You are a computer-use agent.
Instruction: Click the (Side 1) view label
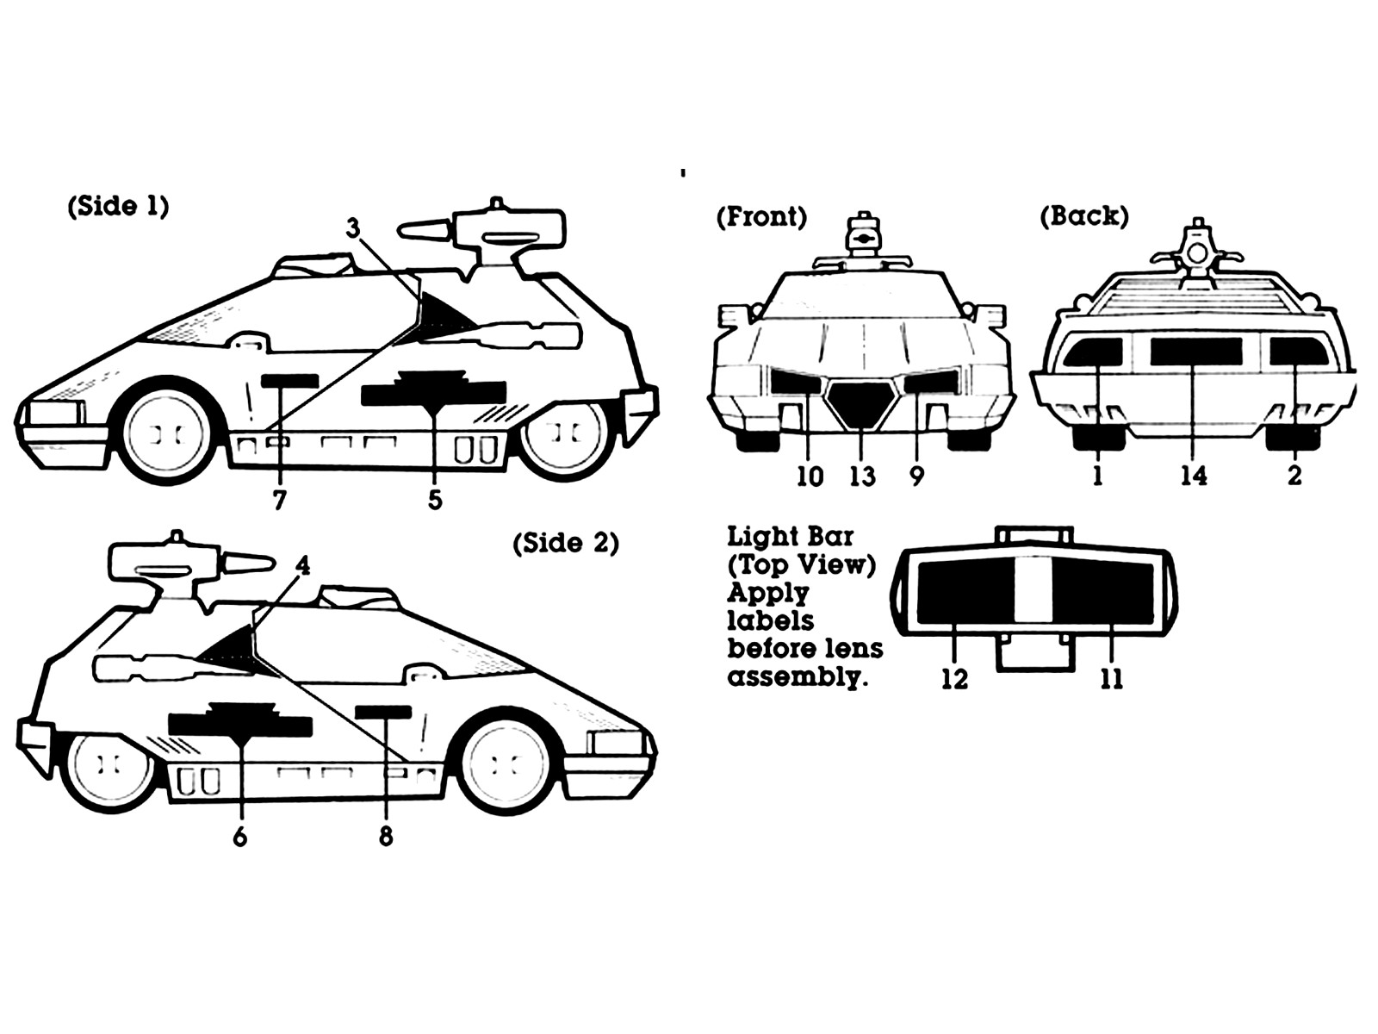pyautogui.click(x=118, y=207)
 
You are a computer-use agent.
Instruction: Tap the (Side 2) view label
pyautogui.click(x=566, y=543)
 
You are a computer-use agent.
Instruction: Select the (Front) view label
pyautogui.click(x=761, y=217)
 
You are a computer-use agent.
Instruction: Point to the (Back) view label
pyautogui.click(x=1084, y=216)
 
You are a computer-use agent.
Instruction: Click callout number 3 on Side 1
pyautogui.click(x=353, y=227)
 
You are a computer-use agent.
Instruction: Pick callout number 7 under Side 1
pyautogui.click(x=279, y=500)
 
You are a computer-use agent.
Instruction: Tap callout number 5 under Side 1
pyautogui.click(x=435, y=500)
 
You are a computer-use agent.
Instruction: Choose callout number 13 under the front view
pyautogui.click(x=863, y=477)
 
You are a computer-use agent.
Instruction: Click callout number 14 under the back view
pyautogui.click(x=1194, y=476)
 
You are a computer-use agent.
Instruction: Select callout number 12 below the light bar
pyautogui.click(x=955, y=679)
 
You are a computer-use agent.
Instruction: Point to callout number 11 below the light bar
pyautogui.click(x=1111, y=679)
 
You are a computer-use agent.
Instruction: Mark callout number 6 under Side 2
pyautogui.click(x=239, y=837)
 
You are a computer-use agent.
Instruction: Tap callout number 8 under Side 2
pyautogui.click(x=386, y=836)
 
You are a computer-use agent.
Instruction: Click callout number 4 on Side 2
pyautogui.click(x=302, y=565)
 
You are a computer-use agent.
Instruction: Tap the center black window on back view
pyautogui.click(x=1196, y=352)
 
